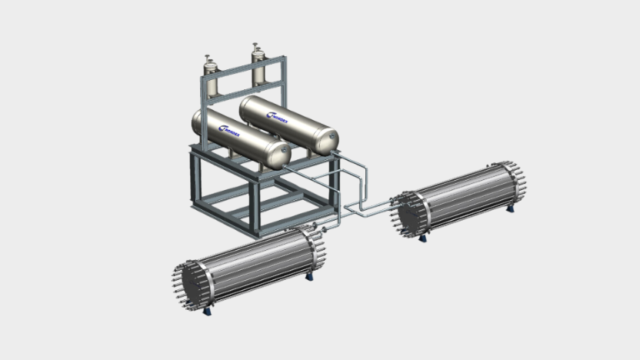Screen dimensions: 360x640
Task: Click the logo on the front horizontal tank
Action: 227,128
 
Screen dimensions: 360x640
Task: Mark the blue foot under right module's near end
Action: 422,239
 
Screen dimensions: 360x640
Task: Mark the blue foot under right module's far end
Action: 511,208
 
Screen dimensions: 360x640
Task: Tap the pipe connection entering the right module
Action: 392,202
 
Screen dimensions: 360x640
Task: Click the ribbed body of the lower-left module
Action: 254,265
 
